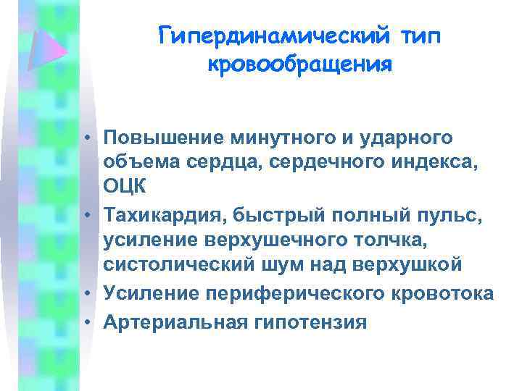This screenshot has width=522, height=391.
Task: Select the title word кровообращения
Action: point(300,64)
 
